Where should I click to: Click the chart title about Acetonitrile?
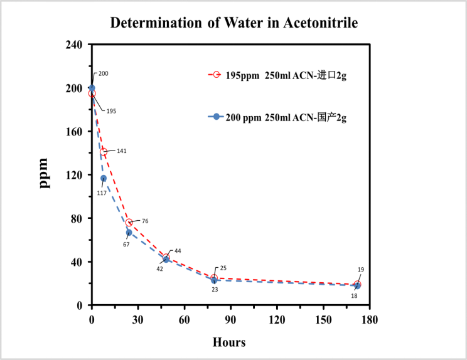pyautogui.click(x=233, y=23)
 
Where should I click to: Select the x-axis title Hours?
pyautogui.click(x=229, y=342)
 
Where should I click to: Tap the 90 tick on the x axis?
pyautogui.click(x=230, y=319)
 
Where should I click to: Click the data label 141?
pyautogui.click(x=122, y=151)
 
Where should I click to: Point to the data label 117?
pyautogui.click(x=102, y=193)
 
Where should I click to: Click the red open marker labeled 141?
pyautogui.click(x=104, y=152)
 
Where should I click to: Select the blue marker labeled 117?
pyautogui.click(x=104, y=178)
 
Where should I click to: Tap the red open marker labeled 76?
pyautogui.click(x=129, y=223)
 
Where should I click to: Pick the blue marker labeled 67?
pyautogui.click(x=129, y=233)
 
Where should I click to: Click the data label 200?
pyautogui.click(x=104, y=74)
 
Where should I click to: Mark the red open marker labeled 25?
pyautogui.click(x=214, y=278)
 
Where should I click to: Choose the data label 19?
pyautogui.click(x=361, y=270)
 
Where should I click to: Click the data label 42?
pyautogui.click(x=159, y=268)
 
